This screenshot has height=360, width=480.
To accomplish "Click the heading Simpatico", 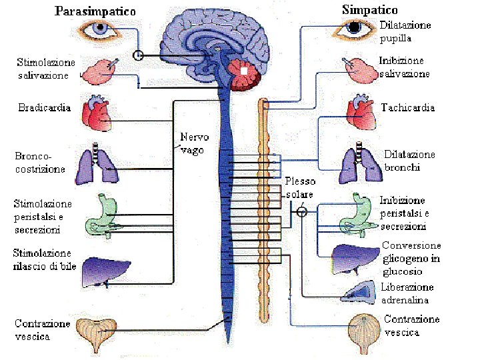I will pos(369,10).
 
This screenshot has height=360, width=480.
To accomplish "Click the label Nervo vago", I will pos(194,143).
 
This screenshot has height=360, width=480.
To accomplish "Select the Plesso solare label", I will pos(300,187).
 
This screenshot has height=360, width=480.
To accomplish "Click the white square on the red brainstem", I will pos(244,70).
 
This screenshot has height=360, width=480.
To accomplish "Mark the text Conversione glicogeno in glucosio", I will pos(411,258).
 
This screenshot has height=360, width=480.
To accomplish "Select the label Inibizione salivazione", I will pos(404,67).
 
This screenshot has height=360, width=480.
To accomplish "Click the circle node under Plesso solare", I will pos(301,212).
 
